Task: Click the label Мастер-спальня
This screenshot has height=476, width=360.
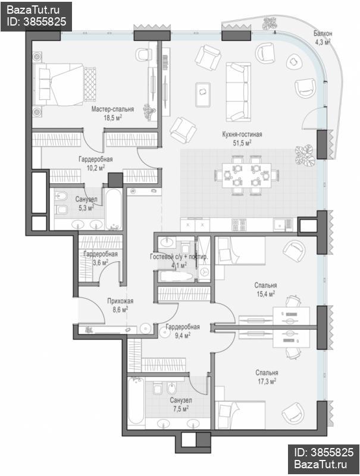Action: (112, 109)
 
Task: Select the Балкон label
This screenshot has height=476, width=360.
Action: (323, 33)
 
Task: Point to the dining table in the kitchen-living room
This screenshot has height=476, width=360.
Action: (246, 175)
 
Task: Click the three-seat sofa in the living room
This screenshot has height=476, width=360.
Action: (238, 92)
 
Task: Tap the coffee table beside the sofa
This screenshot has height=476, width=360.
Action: (203, 94)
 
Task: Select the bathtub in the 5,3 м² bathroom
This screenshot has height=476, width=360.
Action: (114, 209)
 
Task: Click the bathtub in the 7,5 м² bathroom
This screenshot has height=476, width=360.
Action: (136, 400)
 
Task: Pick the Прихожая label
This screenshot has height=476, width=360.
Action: (120, 301)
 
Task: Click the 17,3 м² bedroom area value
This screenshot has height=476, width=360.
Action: (267, 381)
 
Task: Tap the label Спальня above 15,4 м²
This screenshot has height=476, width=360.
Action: (265, 285)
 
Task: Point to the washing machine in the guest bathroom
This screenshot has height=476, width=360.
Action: (204, 271)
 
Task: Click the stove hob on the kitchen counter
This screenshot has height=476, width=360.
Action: (239, 225)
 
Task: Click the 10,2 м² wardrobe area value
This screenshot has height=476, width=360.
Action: (96, 168)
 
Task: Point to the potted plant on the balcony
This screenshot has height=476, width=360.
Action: (270, 23)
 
